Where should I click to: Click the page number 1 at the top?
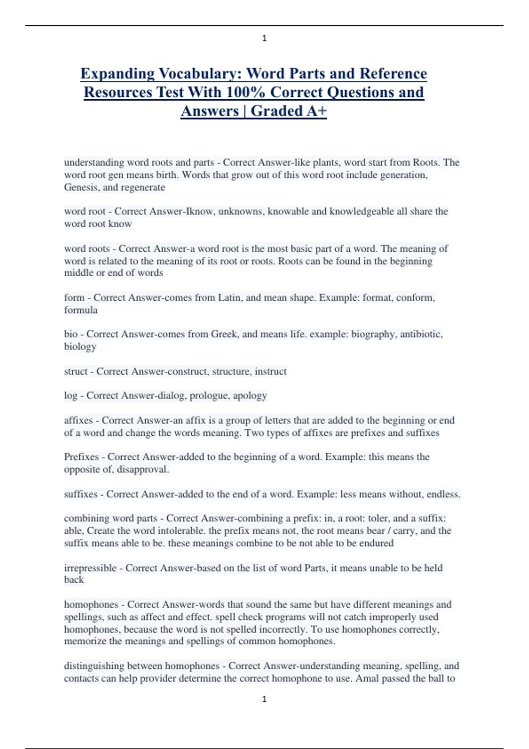point(264,38)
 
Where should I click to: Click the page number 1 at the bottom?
point(264,699)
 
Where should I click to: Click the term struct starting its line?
point(76,371)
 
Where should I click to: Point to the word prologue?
point(209,396)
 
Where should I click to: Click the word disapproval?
point(142,470)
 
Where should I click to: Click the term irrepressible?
point(90,568)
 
